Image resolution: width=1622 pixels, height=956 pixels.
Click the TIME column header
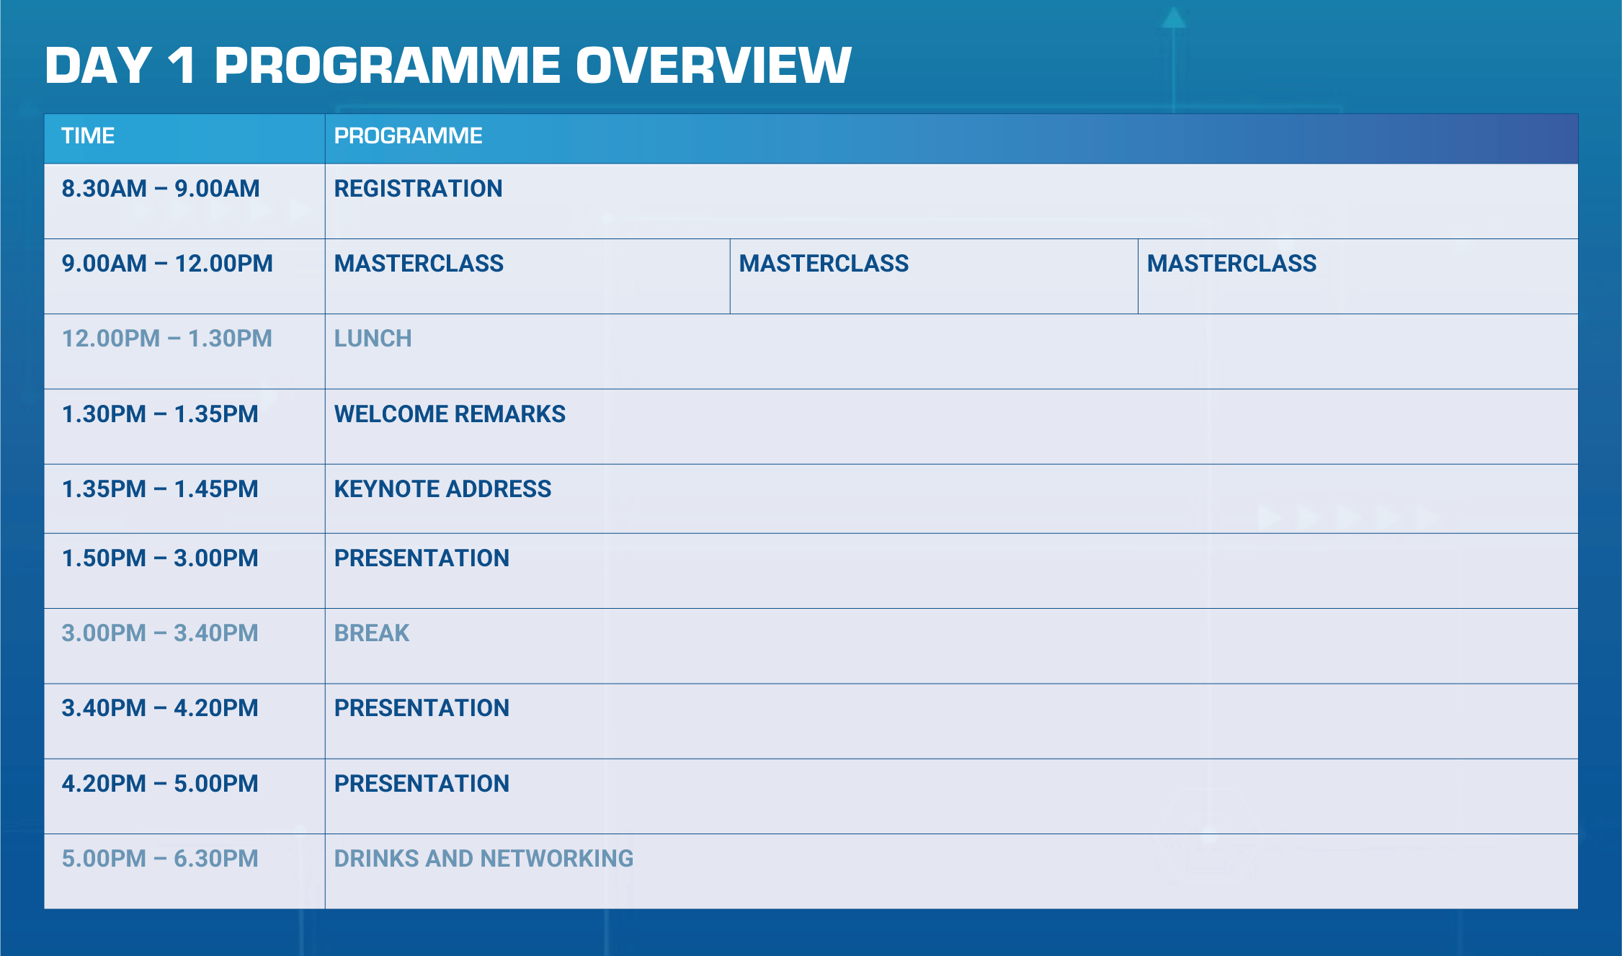(88, 135)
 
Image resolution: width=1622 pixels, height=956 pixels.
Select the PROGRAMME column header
(408, 135)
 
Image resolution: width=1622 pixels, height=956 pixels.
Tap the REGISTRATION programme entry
(418, 189)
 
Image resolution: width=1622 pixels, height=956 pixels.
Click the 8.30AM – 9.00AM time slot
(161, 189)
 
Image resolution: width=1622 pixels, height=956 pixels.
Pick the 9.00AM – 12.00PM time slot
(167, 264)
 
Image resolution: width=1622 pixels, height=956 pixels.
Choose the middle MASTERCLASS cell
(824, 264)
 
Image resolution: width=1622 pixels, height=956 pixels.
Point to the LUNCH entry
(373, 339)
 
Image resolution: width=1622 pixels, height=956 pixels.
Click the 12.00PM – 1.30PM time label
(167, 339)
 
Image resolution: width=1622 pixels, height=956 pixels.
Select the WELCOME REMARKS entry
(450, 414)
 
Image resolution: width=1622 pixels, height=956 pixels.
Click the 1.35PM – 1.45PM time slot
(160, 489)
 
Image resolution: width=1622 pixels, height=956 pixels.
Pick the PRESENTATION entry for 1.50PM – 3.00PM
(422, 558)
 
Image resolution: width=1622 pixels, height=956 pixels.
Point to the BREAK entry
(372, 633)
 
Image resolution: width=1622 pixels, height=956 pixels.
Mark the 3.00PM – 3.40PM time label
(160, 633)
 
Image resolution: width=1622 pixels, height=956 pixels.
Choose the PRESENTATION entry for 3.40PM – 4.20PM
(422, 708)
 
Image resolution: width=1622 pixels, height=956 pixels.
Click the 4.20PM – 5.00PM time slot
(160, 784)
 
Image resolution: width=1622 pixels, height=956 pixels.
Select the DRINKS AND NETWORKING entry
(484, 859)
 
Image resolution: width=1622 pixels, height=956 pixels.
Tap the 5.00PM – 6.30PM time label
(160, 859)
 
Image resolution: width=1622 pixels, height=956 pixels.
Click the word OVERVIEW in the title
(713, 65)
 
